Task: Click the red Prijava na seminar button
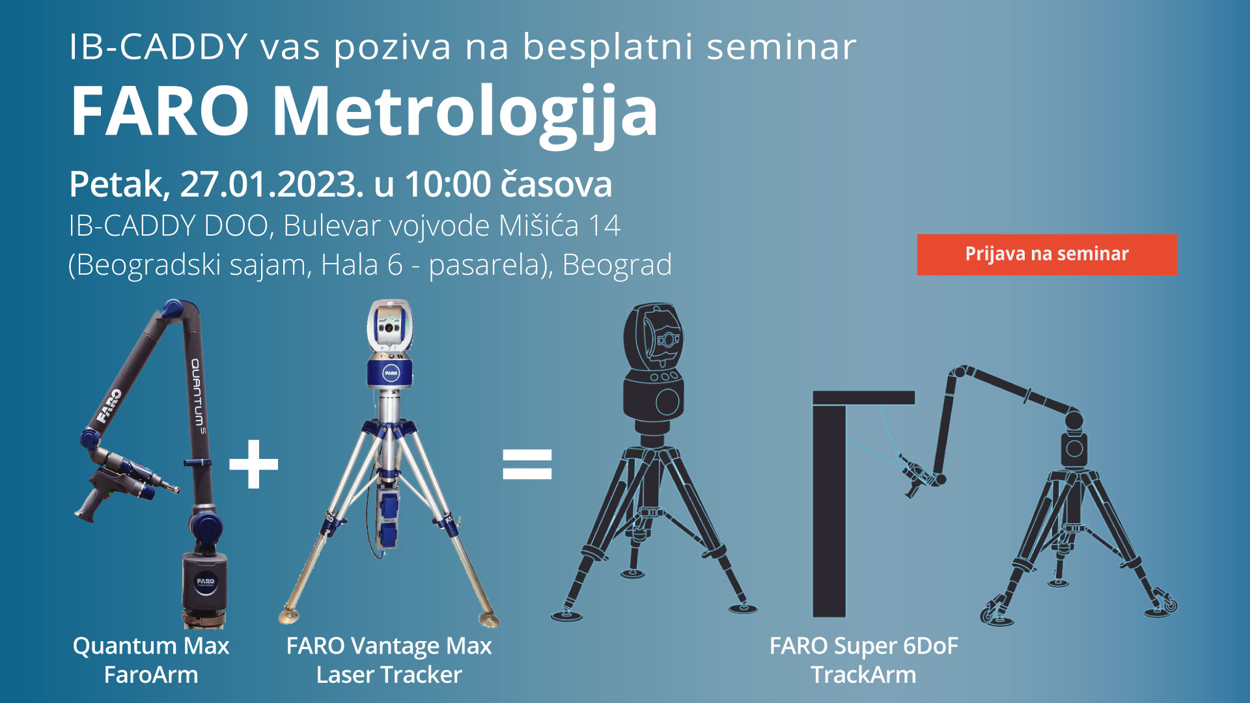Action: pos(1047,255)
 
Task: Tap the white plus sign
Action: pos(254,464)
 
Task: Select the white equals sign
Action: pos(527,464)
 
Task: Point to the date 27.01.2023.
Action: pos(272,184)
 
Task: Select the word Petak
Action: pos(119,185)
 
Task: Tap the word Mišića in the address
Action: pos(538,226)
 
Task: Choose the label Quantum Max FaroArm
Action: pos(151,660)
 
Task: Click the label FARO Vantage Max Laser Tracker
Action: pos(389,660)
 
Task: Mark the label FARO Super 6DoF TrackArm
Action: pos(864,660)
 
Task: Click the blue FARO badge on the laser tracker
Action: pos(391,374)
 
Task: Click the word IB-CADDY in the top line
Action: pos(158,47)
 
